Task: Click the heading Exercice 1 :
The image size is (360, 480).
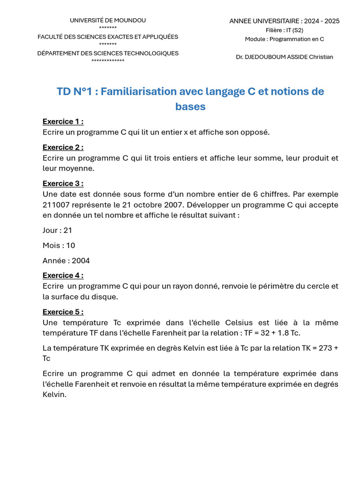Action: tap(63, 121)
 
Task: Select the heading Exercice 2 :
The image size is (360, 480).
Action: tap(63, 147)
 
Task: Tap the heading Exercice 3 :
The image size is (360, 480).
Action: tap(63, 183)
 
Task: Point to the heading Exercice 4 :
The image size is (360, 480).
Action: tap(63, 275)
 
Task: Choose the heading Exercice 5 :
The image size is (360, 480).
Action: tap(63, 312)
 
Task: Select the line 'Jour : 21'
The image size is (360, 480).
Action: tap(57, 230)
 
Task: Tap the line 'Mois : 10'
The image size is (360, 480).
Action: tap(59, 245)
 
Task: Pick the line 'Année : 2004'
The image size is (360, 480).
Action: tap(66, 260)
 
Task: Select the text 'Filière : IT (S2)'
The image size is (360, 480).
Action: tap(285, 30)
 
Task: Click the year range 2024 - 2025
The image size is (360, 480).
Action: tap(322, 21)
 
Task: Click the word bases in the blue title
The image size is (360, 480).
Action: tap(190, 106)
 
